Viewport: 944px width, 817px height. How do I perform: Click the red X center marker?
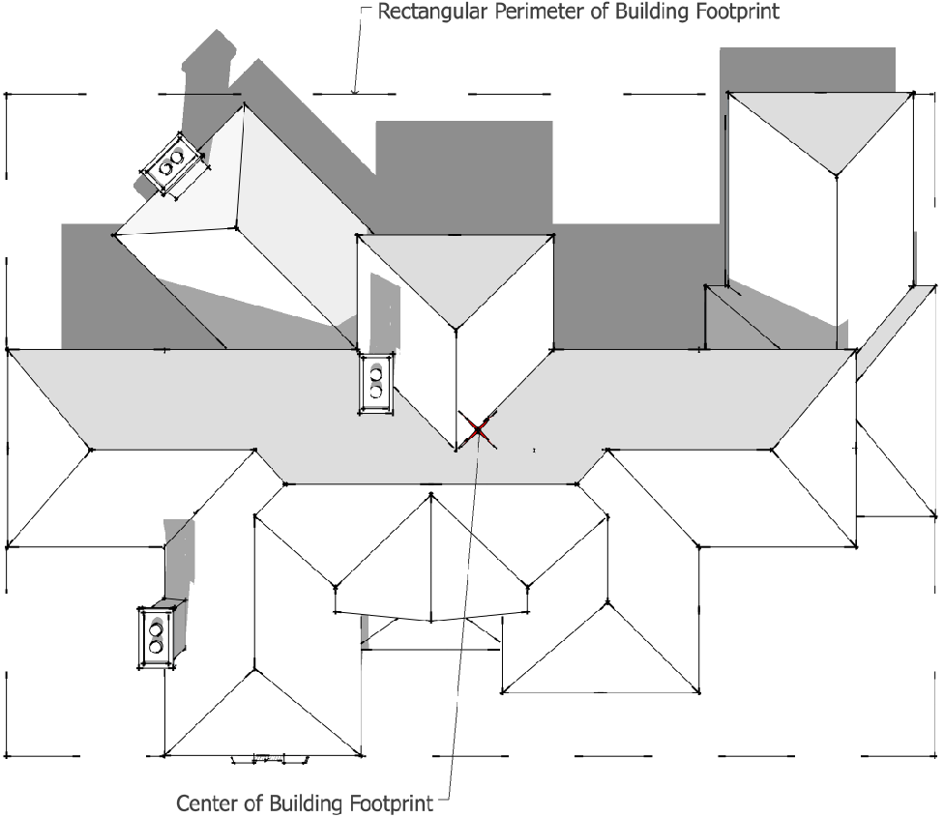[478, 429]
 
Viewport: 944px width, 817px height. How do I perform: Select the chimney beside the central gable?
[376, 383]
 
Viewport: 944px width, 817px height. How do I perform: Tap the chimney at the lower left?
[156, 638]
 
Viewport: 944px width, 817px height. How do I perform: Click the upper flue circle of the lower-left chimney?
[156, 629]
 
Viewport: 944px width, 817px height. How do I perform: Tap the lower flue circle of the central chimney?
[376, 392]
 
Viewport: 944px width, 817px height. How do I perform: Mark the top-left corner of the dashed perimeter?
[7, 95]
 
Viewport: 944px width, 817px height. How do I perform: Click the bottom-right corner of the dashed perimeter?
[936, 756]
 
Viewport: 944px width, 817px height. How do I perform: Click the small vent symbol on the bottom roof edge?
[270, 759]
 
